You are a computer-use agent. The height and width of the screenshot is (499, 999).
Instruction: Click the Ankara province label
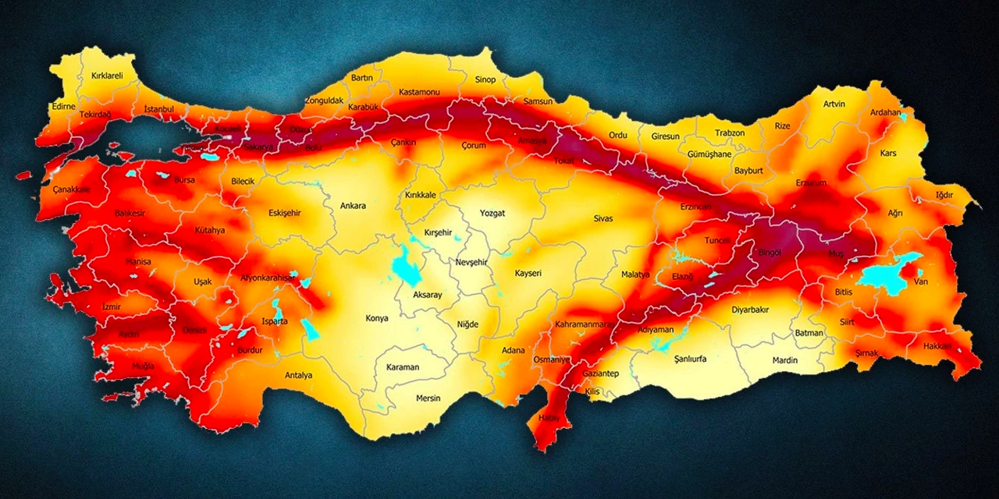pos(353,207)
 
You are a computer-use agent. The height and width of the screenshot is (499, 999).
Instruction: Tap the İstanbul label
pos(159,110)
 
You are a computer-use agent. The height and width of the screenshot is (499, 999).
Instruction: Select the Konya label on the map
pos(377,318)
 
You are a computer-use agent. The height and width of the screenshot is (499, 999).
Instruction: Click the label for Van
pos(922,281)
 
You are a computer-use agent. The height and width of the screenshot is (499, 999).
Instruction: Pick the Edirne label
pos(63,107)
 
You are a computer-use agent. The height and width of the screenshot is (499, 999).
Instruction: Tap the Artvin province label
pos(834,104)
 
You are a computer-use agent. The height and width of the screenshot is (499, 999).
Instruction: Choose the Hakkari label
pos(937,345)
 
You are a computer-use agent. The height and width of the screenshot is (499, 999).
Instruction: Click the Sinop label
pos(485,80)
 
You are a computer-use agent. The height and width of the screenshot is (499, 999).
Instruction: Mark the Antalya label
pos(298,375)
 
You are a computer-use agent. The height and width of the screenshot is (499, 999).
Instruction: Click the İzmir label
pos(112,306)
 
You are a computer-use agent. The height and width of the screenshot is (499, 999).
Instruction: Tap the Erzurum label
pos(811,182)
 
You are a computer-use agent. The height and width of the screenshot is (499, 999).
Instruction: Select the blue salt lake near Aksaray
pos(405,267)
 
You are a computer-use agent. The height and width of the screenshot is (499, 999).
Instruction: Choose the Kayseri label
pos(528,274)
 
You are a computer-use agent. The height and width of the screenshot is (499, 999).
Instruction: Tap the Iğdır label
pos(944,195)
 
